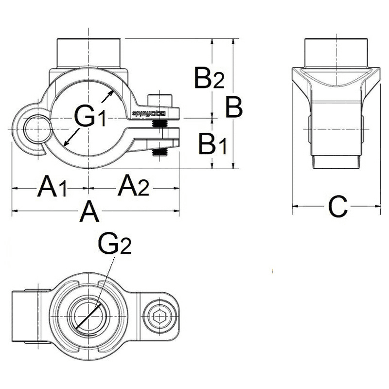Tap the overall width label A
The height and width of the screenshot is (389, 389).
(x=89, y=212)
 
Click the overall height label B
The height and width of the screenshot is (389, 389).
(x=234, y=107)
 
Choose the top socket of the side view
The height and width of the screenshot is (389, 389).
(x=336, y=53)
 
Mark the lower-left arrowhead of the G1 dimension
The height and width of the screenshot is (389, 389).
(x=67, y=142)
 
